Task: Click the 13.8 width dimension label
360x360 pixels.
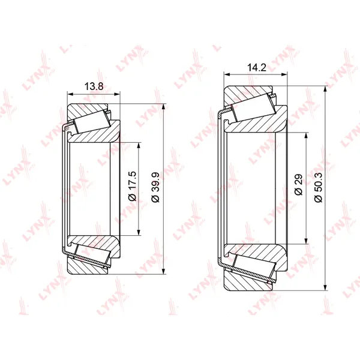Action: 94,86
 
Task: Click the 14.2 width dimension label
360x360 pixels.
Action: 256,67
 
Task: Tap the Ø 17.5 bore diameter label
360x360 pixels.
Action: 133,186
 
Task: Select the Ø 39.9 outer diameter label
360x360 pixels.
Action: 155,187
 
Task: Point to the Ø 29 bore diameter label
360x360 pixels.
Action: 298,185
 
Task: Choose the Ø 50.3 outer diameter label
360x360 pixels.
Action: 319,187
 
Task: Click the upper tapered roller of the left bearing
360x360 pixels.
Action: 92,122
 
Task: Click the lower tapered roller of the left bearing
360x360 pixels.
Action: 92,256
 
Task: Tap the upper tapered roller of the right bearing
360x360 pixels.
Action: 254,107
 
